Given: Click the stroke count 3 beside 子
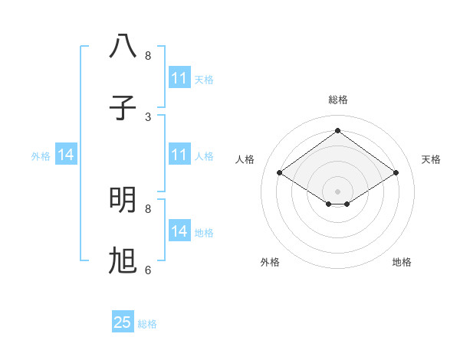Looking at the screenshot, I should tap(148, 116).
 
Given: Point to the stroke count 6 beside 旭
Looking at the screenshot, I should tap(148, 270).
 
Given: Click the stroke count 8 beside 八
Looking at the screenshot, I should tap(148, 55).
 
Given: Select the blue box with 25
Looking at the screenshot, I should tap(123, 322).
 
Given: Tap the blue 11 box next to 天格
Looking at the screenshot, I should tap(179, 77).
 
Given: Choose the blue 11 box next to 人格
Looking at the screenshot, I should tap(179, 155).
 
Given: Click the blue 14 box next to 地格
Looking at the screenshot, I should tap(179, 231).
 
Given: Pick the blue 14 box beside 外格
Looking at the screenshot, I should tap(66, 155).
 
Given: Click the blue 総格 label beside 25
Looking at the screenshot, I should tap(147, 324).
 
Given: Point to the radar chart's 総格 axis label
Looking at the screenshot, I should tap(337, 100).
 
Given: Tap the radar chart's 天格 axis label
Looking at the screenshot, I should tap(431, 159).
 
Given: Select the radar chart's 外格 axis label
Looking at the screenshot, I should tap(270, 262).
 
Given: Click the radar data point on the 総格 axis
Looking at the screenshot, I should tap(337, 131).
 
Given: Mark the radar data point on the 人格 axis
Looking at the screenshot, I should tap(280, 173).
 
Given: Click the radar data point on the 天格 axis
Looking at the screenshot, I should tap(396, 173).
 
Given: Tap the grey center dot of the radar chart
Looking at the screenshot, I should tap(337, 191).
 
